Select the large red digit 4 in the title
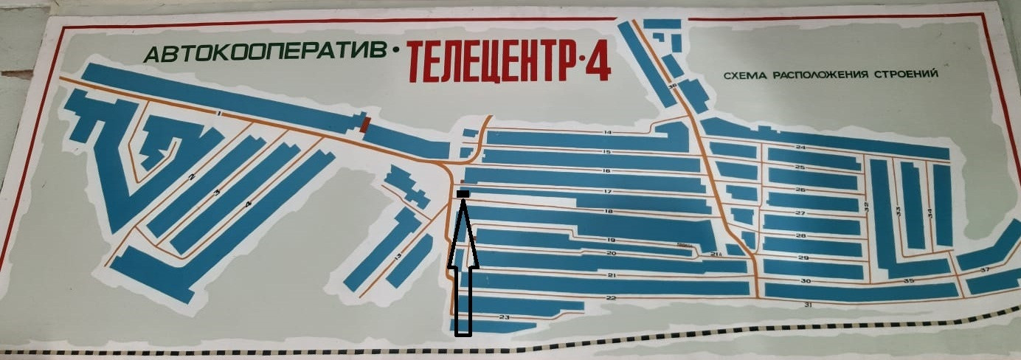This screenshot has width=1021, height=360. (595, 63)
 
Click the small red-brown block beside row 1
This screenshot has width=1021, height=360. (364, 125)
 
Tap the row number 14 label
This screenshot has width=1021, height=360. (607, 133)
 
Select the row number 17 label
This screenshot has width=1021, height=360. (608, 192)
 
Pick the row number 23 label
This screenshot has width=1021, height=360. (504, 317)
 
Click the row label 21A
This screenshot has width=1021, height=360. (715, 255)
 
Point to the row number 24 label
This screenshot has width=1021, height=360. (800, 148)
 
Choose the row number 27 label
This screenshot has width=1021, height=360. (800, 213)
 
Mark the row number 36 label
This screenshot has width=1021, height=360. (671, 86)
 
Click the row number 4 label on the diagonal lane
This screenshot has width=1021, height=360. (249, 204)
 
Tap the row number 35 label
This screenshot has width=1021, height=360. (909, 281)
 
